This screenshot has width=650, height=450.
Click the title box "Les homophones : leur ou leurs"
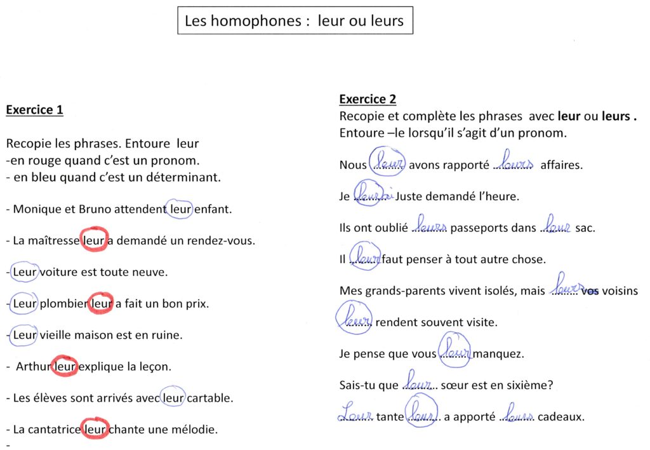pyautogui.click(x=294, y=21)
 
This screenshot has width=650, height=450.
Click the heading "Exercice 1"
pyautogui.click(x=34, y=110)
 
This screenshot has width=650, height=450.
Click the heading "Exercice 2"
pyautogui.click(x=368, y=99)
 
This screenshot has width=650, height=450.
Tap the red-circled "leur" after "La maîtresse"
pyautogui.click(x=95, y=240)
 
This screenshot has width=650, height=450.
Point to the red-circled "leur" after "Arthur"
pyautogui.click(x=65, y=366)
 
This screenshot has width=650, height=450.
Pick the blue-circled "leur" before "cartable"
pyautogui.click(x=173, y=398)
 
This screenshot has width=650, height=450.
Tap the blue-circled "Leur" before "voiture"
pyautogui.click(x=25, y=271)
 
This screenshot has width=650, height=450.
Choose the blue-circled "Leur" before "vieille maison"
pyautogui.click(x=25, y=334)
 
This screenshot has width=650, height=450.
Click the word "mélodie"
pyautogui.click(x=196, y=430)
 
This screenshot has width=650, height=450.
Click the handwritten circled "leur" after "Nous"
pyautogui.click(x=387, y=164)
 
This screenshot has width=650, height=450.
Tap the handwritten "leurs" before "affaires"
pyautogui.click(x=516, y=163)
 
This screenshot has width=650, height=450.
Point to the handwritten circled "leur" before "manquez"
pyautogui.click(x=455, y=351)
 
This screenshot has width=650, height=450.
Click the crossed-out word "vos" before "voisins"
pyautogui.click(x=590, y=291)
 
